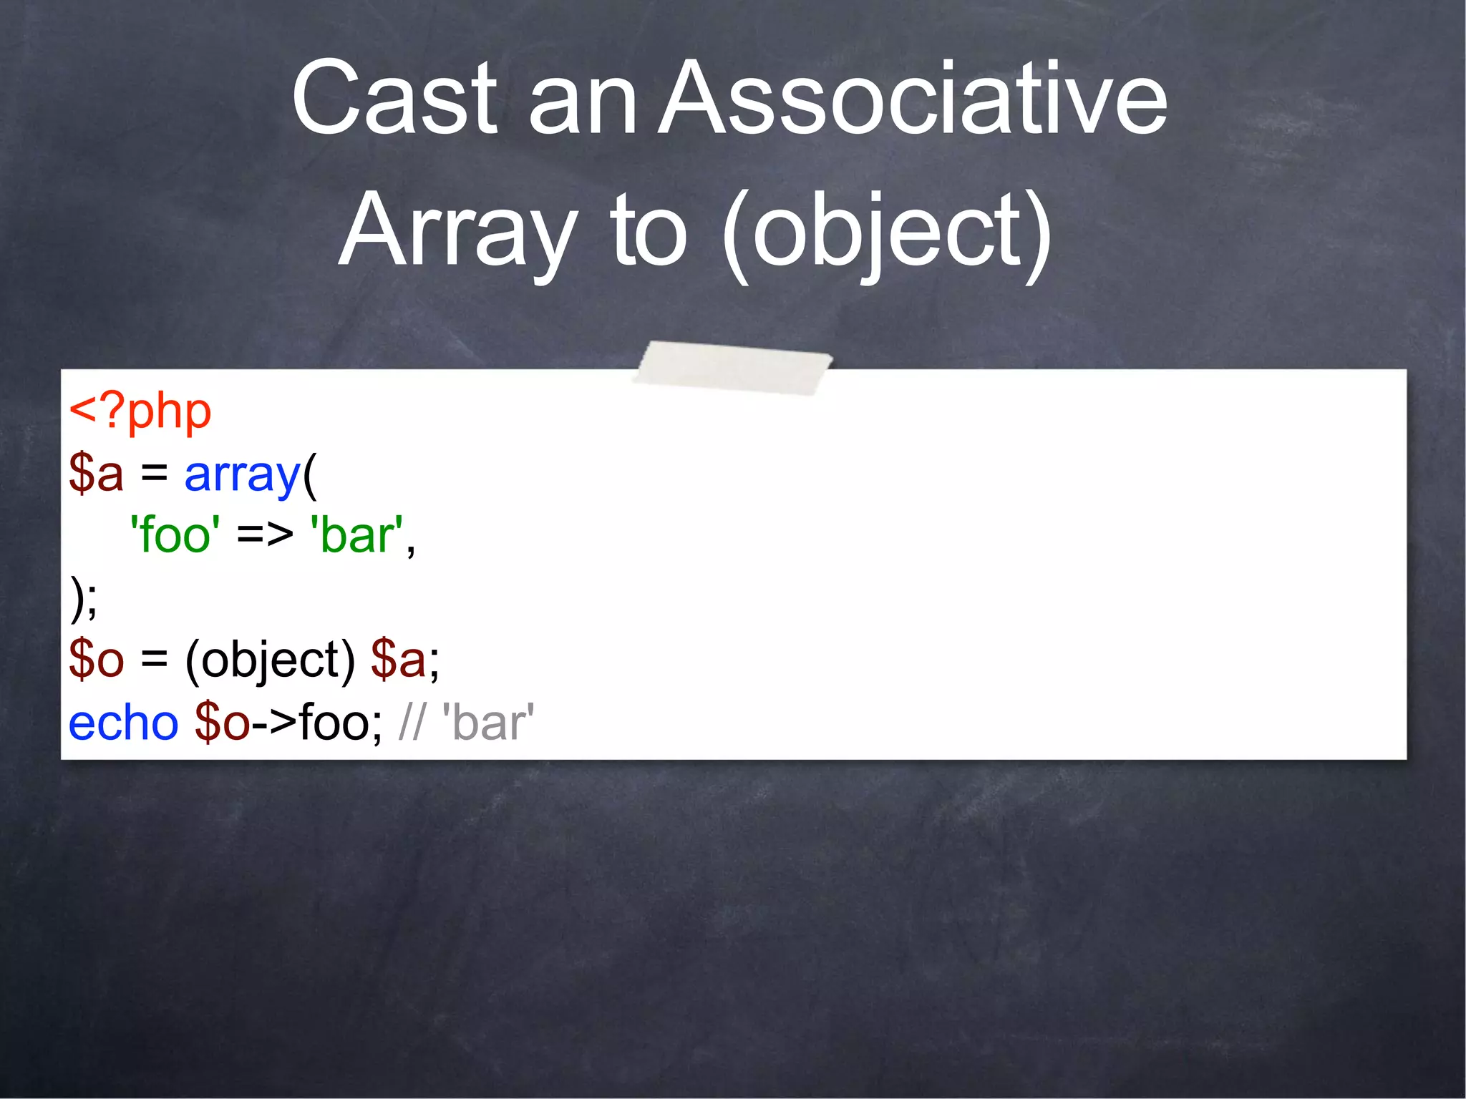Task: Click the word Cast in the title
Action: [393, 98]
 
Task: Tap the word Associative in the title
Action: [912, 98]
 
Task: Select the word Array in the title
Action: [458, 231]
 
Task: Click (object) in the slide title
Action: [886, 231]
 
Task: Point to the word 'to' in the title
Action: [648, 231]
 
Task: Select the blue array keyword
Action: [242, 475]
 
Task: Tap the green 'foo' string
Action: [175, 535]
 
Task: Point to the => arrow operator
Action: [265, 535]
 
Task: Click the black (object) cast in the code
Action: [270, 660]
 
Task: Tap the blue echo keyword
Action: [123, 723]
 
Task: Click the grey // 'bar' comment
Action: [466, 723]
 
